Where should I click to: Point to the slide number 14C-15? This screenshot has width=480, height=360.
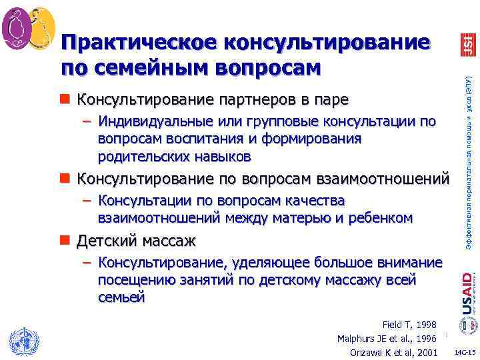pyautogui.click(x=464, y=351)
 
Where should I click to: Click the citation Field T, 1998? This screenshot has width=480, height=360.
pyautogui.click(x=409, y=325)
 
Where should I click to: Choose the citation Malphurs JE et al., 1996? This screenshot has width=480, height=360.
pyautogui.click(x=387, y=339)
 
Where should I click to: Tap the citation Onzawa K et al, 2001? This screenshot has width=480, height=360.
pyautogui.click(x=393, y=353)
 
